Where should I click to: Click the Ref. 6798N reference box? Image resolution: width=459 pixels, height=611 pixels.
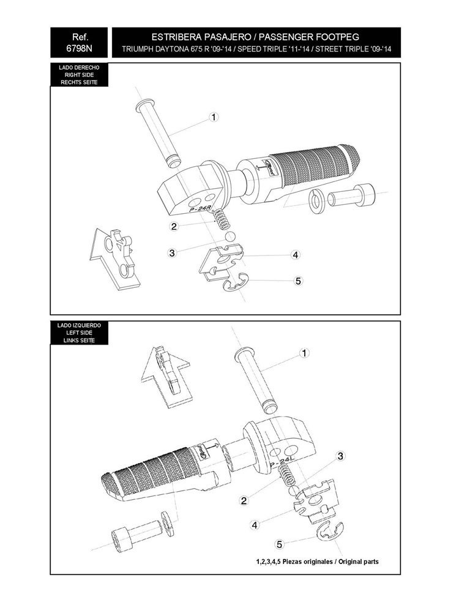pyautogui.click(x=79, y=43)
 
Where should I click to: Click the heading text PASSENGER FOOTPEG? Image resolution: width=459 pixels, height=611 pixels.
pyautogui.click(x=308, y=37)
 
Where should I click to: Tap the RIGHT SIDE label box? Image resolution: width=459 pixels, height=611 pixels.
pyautogui.click(x=79, y=75)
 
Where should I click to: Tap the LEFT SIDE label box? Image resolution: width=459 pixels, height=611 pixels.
pyautogui.click(x=79, y=333)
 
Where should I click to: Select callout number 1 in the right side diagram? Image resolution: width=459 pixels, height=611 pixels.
pyautogui.click(x=214, y=117)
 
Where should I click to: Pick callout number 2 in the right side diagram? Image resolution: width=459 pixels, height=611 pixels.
pyautogui.click(x=174, y=227)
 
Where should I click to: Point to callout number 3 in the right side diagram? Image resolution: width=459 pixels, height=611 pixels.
pyautogui.click(x=172, y=253)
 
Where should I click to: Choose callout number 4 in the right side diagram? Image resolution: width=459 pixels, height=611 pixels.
pyautogui.click(x=296, y=255)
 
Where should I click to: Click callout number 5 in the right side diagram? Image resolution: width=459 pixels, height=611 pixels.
pyautogui.click(x=298, y=281)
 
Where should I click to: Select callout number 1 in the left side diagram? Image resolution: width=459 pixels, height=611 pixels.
pyautogui.click(x=304, y=353)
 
